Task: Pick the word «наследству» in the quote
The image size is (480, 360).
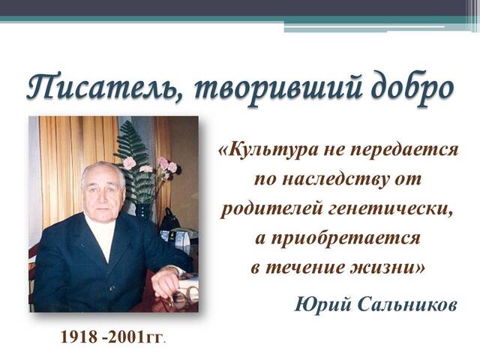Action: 335,179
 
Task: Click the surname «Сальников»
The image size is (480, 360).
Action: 407,305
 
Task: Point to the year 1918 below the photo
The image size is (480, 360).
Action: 79,337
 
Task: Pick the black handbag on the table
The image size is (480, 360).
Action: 169,220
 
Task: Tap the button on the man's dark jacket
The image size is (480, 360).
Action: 112,288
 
